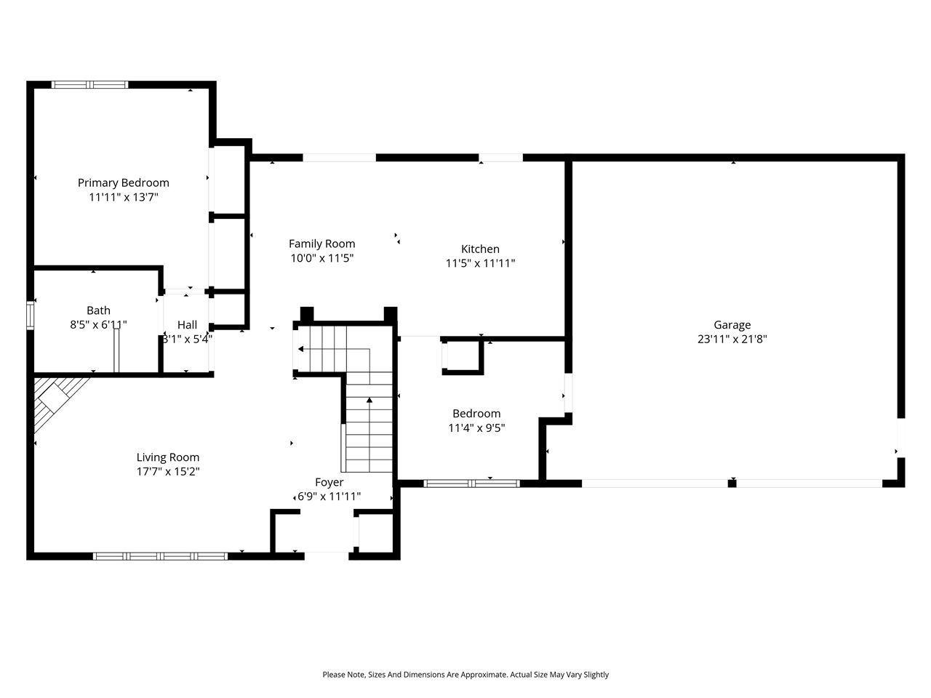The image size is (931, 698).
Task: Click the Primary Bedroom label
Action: point(124,182)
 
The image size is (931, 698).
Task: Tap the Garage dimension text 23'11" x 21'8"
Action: point(732,339)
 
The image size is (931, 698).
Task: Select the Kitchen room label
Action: point(480,249)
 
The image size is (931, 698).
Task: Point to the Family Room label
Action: point(322,244)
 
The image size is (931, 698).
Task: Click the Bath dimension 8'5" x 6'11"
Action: point(98,324)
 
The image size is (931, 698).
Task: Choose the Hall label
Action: point(187,324)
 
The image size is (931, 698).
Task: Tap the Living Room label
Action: point(168,457)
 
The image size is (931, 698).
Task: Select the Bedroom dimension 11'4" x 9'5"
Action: point(476,428)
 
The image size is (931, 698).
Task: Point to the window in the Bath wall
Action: point(30,316)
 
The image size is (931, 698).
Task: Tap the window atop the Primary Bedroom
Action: point(89,85)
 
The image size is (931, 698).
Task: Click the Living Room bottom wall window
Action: point(160,556)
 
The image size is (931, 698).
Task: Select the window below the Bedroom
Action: point(471,484)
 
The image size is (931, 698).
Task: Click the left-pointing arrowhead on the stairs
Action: point(300,349)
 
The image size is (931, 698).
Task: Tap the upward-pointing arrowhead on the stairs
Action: point(369,400)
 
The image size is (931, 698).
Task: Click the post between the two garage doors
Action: point(732,484)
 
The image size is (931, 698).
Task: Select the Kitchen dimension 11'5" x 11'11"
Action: point(480,263)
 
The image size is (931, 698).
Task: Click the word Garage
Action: point(732,325)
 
